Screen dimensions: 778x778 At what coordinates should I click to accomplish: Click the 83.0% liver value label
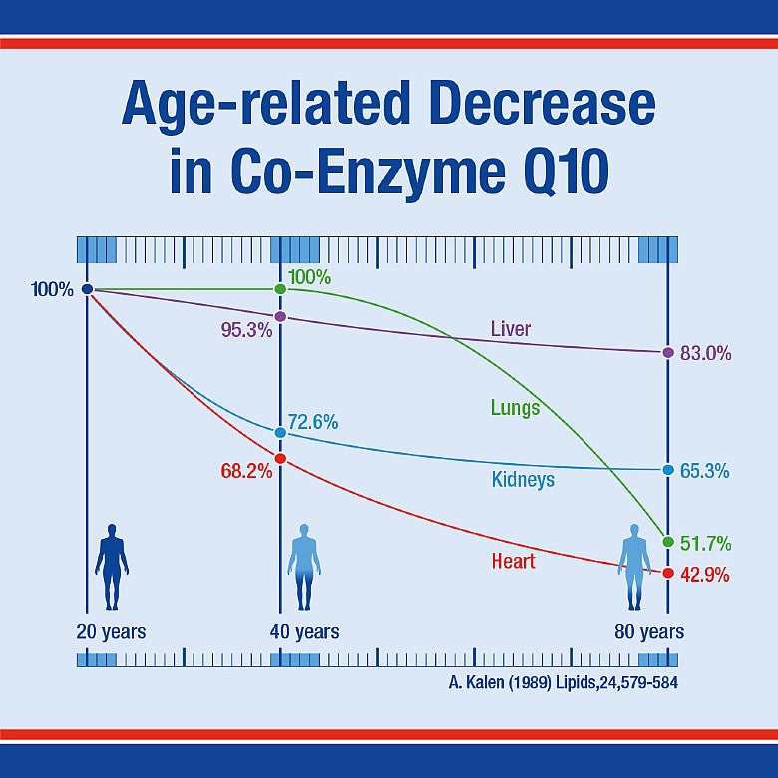[x=706, y=353]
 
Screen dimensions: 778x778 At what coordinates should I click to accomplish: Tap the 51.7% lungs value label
[x=706, y=544]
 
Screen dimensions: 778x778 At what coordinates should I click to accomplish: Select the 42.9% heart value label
[x=706, y=576]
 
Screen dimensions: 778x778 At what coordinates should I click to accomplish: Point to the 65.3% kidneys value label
[x=706, y=470]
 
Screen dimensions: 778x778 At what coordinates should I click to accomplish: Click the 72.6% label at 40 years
[x=313, y=422]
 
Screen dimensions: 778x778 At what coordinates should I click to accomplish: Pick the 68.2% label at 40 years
[x=246, y=471]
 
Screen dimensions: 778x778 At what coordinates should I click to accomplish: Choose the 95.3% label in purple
[x=246, y=330]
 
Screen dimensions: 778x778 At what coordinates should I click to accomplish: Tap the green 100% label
[x=309, y=276]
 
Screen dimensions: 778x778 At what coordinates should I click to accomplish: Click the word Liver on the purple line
[x=511, y=329]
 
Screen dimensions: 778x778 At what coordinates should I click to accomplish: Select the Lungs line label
[x=515, y=407]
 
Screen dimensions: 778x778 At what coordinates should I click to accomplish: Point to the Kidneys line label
[x=523, y=480]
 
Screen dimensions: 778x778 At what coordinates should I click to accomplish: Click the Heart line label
[x=513, y=561]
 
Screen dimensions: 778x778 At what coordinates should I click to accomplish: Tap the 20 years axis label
[x=111, y=632]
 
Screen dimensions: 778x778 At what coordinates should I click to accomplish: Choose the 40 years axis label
[x=304, y=632]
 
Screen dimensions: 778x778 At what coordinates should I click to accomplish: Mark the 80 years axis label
[x=649, y=632]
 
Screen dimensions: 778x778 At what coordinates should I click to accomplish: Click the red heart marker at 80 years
[x=668, y=573]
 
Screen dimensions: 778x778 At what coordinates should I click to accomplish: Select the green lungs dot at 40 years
[x=280, y=289]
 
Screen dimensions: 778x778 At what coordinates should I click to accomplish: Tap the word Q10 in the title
[x=557, y=172]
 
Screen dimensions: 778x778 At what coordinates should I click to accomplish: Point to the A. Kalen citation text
[x=565, y=684]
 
